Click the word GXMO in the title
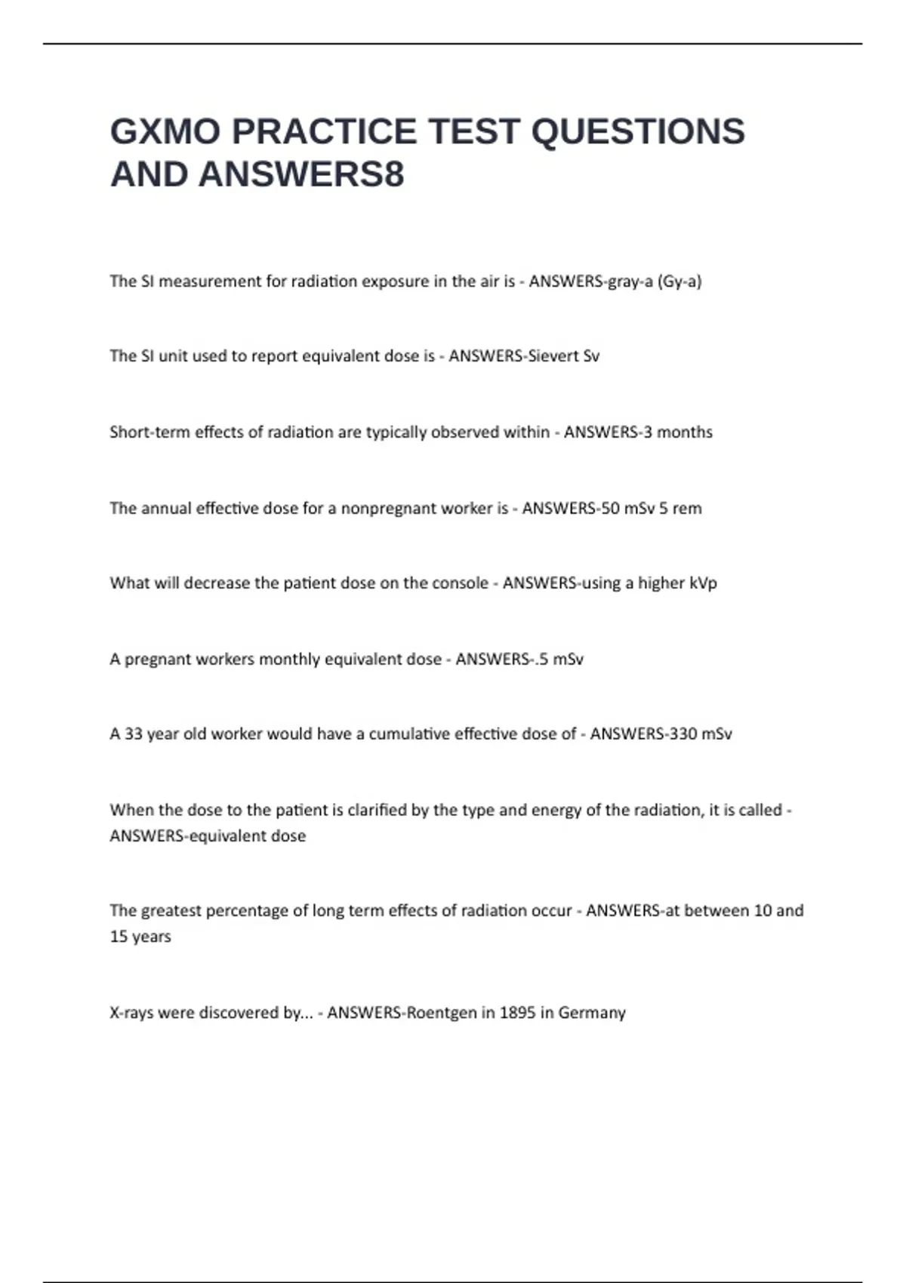coord(165,131)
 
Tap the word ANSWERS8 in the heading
coord(302,174)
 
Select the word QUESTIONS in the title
coord(638,131)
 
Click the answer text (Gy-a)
coord(679,282)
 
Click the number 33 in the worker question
coord(133,734)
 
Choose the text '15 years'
coord(140,937)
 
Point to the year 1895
coord(517,1013)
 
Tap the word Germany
coord(592,1013)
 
